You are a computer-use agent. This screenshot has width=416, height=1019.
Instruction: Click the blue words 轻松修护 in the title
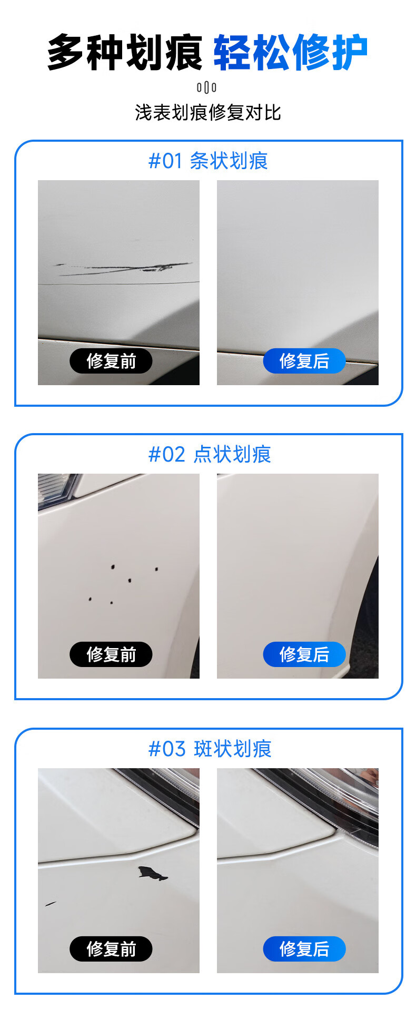coord(290,52)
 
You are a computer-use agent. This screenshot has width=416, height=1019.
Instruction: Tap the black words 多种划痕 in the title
coord(125,52)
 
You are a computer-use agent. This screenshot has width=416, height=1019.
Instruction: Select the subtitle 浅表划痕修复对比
coord(208,112)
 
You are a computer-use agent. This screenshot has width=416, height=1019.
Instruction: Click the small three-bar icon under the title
coord(206,87)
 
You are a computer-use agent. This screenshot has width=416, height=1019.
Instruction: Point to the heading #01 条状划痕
coord(208,161)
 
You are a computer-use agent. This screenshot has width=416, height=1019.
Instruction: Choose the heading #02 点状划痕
coord(210,454)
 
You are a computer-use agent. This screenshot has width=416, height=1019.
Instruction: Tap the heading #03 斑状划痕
coord(210,749)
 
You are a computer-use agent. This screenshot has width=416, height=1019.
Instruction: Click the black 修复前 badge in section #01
coord(111,361)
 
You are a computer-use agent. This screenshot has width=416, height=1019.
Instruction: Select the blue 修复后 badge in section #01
coord(304,361)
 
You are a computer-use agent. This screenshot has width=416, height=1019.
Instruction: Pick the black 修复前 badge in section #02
coord(111,654)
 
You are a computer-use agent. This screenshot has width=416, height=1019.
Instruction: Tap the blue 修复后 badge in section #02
coord(304,654)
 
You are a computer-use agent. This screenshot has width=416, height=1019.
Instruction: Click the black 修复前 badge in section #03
coord(111,949)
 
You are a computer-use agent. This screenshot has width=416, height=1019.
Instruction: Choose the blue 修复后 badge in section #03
coord(304,949)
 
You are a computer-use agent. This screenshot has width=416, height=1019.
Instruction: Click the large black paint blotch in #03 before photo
coord(152,873)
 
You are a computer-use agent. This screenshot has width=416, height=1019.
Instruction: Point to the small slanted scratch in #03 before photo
coord(51,904)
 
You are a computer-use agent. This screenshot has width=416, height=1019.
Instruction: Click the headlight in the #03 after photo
coord(326,796)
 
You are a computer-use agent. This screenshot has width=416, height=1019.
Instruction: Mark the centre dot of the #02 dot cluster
coord(130,581)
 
